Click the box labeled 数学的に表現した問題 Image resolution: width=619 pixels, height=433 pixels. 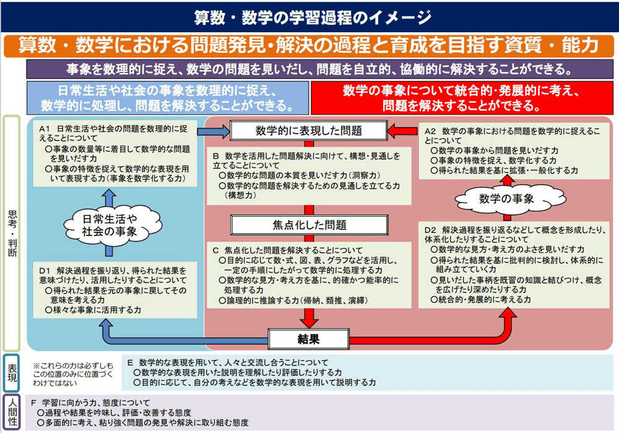(309, 131)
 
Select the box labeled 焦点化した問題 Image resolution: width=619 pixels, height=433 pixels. (309, 225)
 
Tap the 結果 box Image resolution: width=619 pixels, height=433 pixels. (309, 339)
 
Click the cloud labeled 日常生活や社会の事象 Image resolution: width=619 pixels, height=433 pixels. (111, 225)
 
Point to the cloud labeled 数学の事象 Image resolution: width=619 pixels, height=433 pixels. (508, 199)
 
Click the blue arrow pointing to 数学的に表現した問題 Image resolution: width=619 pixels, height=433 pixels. (213, 131)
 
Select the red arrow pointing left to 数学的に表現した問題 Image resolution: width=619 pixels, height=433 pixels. (402, 131)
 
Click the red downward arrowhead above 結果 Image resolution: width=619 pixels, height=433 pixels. (309, 319)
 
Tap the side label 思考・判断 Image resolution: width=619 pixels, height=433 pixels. (12, 234)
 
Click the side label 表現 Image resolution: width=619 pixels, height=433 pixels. (12, 373)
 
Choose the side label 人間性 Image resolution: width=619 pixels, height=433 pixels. (12, 412)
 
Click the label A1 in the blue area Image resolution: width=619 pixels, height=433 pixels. (44, 129)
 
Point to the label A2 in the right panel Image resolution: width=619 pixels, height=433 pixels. (430, 131)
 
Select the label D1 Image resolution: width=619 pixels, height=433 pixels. (45, 271)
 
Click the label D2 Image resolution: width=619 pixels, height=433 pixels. (430, 230)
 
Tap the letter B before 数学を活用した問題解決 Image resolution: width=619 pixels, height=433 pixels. (215, 156)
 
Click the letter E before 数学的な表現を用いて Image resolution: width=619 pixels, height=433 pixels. (130, 362)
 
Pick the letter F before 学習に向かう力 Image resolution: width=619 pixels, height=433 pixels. (33, 403)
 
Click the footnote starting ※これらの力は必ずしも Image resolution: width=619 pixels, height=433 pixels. (73, 374)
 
